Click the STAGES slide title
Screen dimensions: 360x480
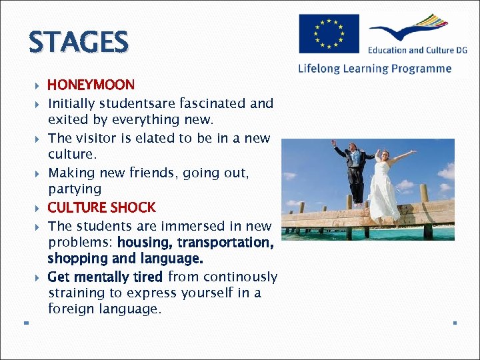point(78,43)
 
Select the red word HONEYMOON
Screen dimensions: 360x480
point(91,85)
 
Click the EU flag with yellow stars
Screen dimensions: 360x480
point(329,33)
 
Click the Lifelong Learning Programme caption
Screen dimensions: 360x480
point(375,69)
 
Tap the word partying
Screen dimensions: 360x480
point(75,189)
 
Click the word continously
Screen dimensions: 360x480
point(240,277)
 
